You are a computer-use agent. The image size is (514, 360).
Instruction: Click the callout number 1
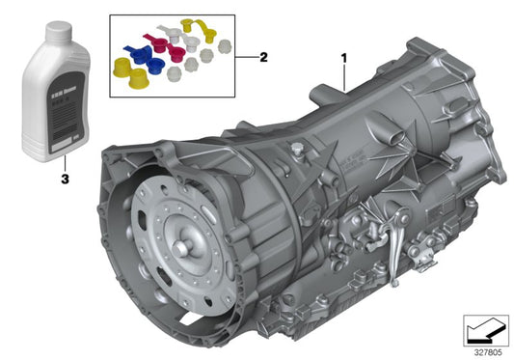(343, 59)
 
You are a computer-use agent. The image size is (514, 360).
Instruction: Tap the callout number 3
(65, 179)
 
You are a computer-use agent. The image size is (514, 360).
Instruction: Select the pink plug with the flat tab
(177, 44)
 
